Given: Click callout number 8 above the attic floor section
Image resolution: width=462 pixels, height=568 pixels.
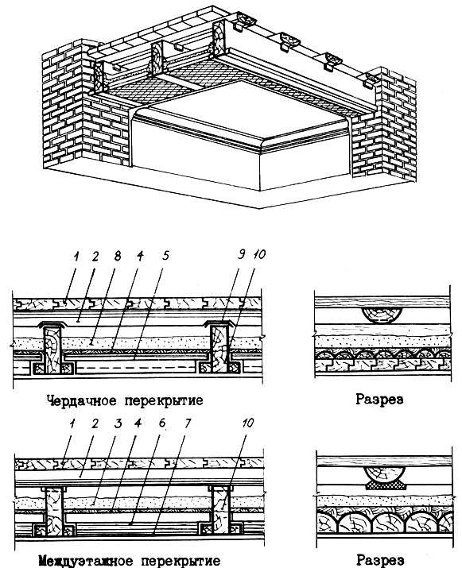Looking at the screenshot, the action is coord(117,256).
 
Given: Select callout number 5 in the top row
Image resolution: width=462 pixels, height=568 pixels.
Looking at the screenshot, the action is coord(165,256).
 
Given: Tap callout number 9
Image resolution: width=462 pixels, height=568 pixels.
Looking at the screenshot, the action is coord(241,254).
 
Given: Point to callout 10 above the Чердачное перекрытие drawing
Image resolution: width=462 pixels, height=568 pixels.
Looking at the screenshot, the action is coord(258,254).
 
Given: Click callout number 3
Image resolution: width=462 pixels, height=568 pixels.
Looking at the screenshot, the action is coord(118,423).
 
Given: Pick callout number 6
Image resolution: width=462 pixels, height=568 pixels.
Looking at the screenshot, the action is coord(162,423).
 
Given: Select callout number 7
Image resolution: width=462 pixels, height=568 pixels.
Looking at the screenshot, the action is coord(187,423).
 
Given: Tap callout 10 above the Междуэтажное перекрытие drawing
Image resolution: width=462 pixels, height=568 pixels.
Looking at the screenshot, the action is coord(247,423).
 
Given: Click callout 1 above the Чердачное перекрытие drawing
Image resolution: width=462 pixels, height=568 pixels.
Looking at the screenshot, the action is coord(76,257).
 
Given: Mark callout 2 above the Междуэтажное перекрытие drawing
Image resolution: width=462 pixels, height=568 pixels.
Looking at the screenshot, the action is coord(95,423).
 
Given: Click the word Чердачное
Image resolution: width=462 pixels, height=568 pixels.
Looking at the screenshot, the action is coord(82,400).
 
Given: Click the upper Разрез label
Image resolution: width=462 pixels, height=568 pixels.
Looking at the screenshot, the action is coord(379,400).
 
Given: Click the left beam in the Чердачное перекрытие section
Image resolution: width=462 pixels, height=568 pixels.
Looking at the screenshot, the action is coord(53,350).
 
